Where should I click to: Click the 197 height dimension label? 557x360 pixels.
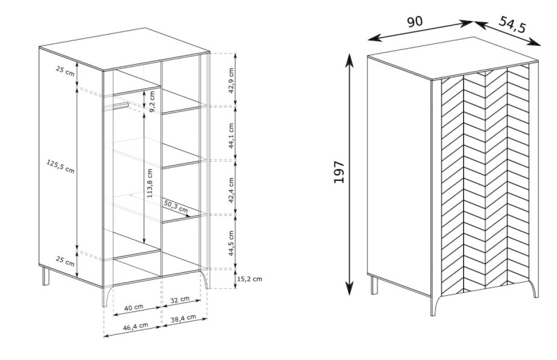(x=339, y=173)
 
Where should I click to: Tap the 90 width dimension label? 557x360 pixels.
(x=414, y=22)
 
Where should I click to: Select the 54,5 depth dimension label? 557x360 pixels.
(x=512, y=24)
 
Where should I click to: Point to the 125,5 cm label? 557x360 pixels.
(x=61, y=166)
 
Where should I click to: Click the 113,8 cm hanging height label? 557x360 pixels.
(x=150, y=183)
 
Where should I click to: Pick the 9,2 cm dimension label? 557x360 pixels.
(x=152, y=102)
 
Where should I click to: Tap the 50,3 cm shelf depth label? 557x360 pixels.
(x=176, y=207)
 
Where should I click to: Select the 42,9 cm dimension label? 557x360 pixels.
(x=231, y=80)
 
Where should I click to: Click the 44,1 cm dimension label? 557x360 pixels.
(x=231, y=136)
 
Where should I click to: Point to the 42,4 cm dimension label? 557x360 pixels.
(x=231, y=190)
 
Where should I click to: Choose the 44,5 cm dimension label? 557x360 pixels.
(x=231, y=244)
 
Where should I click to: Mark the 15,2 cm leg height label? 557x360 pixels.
(x=249, y=279)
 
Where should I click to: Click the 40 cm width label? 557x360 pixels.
(x=134, y=307)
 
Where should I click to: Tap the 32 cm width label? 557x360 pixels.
(x=180, y=299)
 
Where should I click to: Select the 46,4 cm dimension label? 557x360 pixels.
(x=135, y=327)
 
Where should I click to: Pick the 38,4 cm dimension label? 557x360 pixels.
(x=183, y=318)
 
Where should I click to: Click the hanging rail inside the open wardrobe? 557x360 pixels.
(x=116, y=107)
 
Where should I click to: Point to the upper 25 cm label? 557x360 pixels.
(x=65, y=71)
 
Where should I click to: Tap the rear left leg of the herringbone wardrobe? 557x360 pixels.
(x=374, y=285)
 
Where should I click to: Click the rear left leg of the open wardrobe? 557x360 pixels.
(x=46, y=276)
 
